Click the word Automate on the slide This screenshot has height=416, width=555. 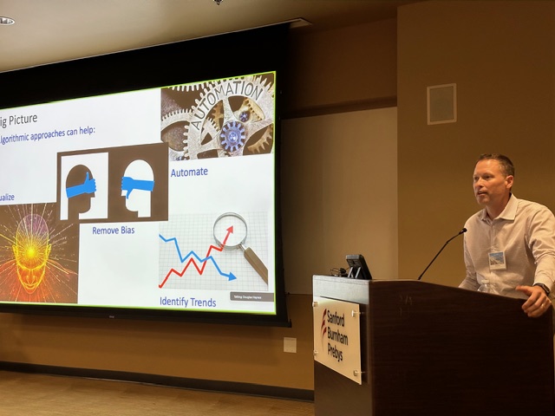189,172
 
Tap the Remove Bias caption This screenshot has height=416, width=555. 119,231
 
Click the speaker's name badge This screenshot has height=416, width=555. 497,258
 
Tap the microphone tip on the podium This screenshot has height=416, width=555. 462,231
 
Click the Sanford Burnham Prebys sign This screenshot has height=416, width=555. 337,339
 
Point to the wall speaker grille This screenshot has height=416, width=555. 441,104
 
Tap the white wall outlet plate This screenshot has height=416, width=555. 290,345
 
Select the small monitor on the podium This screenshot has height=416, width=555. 357,266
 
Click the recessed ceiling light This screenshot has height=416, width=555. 6,20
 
